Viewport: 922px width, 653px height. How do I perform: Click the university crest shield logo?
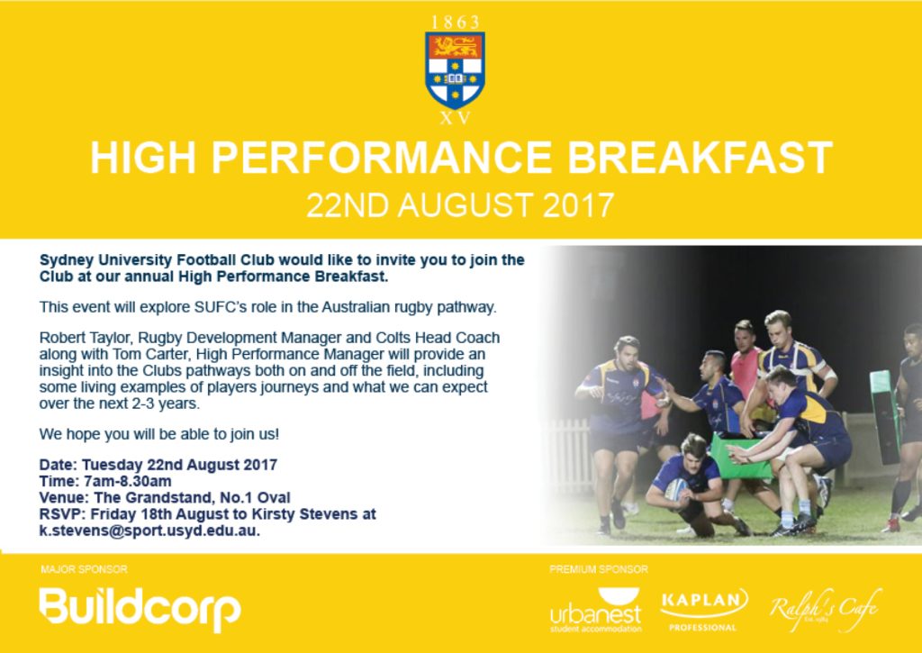click(455, 70)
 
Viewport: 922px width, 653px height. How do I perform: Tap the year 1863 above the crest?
click(455, 23)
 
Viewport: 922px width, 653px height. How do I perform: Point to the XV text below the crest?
click(455, 118)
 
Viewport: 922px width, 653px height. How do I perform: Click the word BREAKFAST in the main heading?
click(700, 158)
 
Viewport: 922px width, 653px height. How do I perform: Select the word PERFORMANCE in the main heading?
click(382, 158)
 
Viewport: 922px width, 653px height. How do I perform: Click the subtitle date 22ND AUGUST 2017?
click(460, 205)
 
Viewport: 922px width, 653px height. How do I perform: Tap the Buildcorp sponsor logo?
click(140, 608)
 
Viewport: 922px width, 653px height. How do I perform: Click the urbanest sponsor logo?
click(596, 610)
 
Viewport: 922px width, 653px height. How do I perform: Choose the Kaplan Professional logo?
click(703, 610)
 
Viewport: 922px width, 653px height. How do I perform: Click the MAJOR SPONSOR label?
click(84, 569)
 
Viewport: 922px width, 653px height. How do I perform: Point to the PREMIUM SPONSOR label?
click(599, 569)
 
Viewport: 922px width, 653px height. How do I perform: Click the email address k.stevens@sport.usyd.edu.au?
click(149, 531)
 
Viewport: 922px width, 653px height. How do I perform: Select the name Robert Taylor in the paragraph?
click(76, 339)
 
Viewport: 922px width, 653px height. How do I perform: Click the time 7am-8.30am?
click(127, 481)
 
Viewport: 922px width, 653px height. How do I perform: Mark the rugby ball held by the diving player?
click(676, 489)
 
